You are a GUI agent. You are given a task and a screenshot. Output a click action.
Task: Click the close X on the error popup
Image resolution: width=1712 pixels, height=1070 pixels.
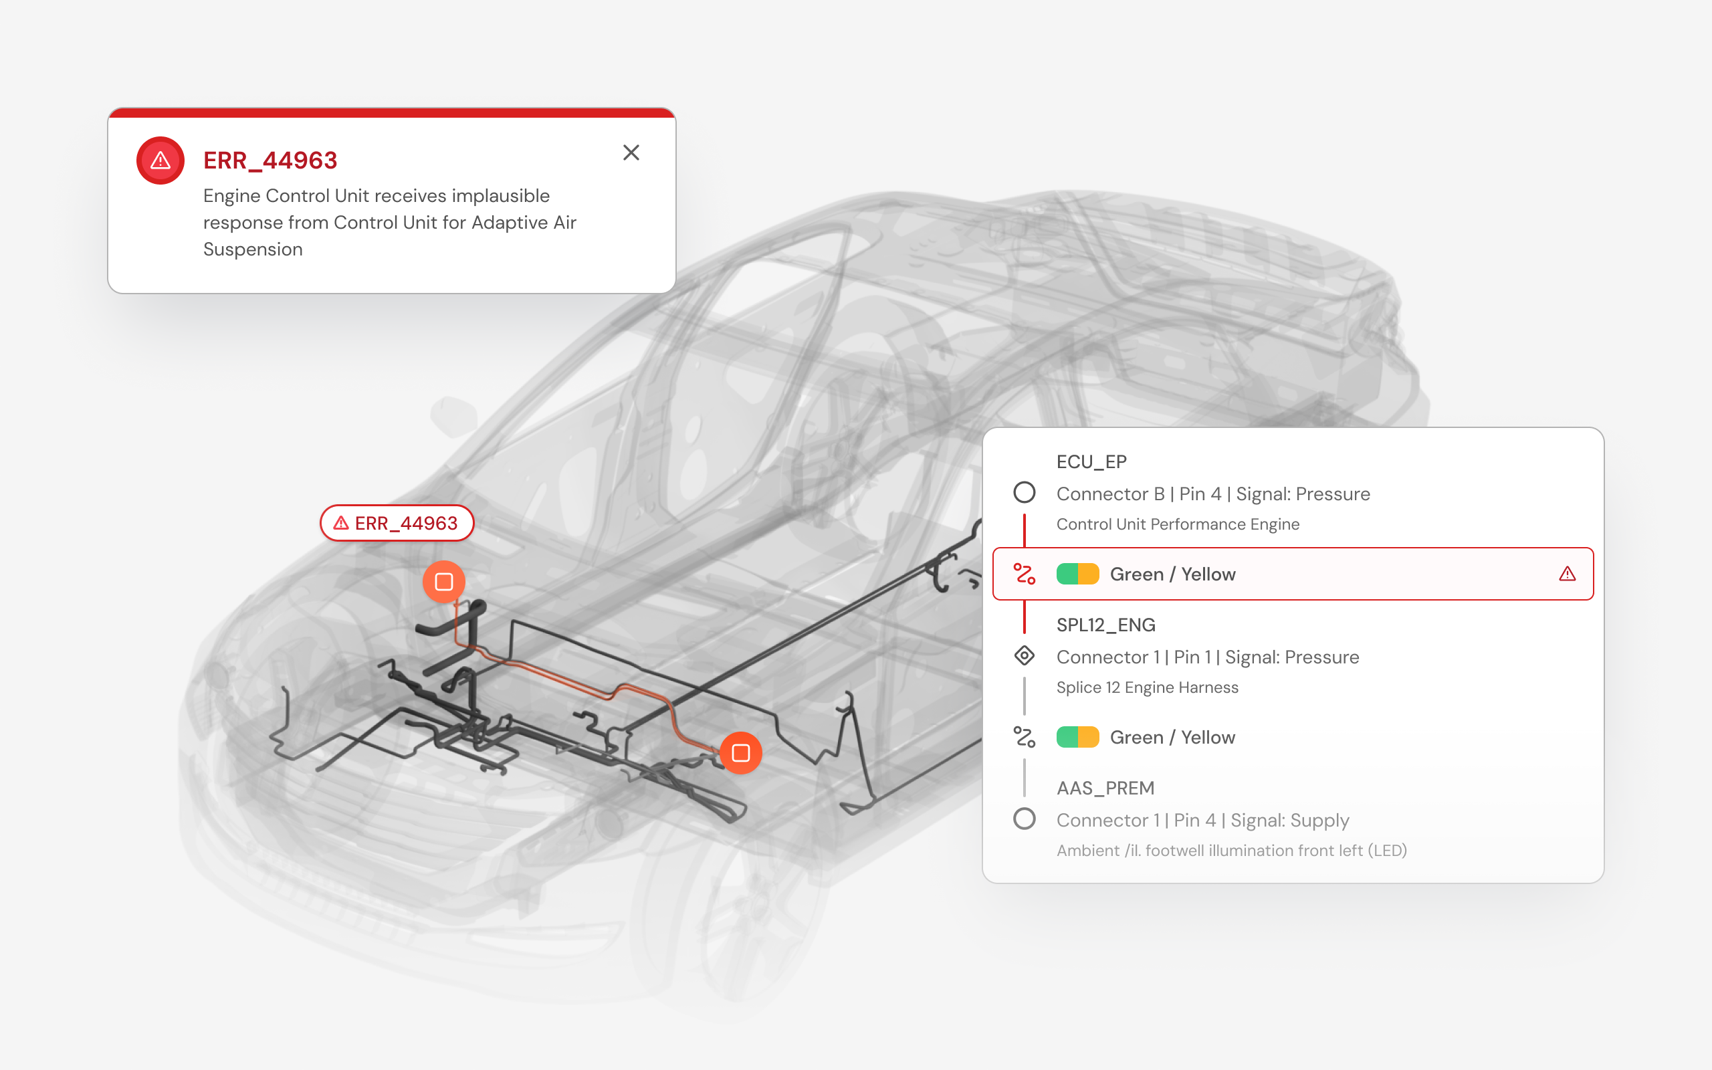pos(631,152)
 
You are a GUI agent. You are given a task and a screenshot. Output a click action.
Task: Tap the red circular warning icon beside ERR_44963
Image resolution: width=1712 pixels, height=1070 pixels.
pos(160,160)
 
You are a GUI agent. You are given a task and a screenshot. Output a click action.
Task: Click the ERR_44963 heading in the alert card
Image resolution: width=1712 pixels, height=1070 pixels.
pos(270,160)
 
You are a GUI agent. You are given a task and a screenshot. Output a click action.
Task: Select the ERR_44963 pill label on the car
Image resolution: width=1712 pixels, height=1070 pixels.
pos(397,523)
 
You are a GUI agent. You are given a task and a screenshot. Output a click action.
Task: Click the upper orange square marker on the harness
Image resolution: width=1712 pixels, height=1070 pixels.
pos(443,582)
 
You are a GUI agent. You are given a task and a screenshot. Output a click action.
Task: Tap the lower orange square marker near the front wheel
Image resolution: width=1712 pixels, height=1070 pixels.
pos(741,753)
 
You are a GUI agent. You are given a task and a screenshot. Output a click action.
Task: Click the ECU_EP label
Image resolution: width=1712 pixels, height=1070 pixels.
pos(1091,462)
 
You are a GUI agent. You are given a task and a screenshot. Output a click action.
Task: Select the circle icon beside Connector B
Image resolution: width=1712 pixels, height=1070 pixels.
pos(1025,493)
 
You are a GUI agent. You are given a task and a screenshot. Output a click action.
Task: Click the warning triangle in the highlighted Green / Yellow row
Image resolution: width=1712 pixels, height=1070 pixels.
pos(1567,574)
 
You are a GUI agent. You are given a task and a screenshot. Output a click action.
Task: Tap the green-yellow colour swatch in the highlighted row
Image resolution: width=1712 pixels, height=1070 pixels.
pos(1077,574)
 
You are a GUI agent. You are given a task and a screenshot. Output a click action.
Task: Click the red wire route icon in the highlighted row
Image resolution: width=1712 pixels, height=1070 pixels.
pos(1025,574)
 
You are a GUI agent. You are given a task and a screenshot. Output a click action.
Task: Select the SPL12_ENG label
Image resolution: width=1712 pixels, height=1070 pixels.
pos(1105,625)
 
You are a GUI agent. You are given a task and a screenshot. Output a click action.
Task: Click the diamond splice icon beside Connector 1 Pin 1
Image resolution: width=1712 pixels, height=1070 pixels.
pos(1025,656)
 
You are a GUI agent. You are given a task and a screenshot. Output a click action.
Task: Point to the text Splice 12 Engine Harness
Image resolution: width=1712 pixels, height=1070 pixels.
pos(1148,687)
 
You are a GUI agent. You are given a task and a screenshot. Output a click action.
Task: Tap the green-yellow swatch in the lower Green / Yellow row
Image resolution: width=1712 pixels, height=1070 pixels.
pos(1077,738)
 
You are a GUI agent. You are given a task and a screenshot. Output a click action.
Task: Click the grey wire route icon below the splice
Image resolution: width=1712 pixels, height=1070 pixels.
pos(1025,738)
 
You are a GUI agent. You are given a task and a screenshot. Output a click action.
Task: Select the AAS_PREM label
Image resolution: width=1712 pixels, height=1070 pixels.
pos(1105,788)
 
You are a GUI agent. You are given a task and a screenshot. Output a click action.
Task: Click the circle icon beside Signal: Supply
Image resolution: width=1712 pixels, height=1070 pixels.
pos(1025,819)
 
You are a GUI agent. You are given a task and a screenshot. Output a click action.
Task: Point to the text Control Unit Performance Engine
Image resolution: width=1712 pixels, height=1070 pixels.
pos(1178,524)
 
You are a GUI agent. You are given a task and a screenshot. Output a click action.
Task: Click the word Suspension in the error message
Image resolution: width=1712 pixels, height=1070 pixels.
pos(253,250)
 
